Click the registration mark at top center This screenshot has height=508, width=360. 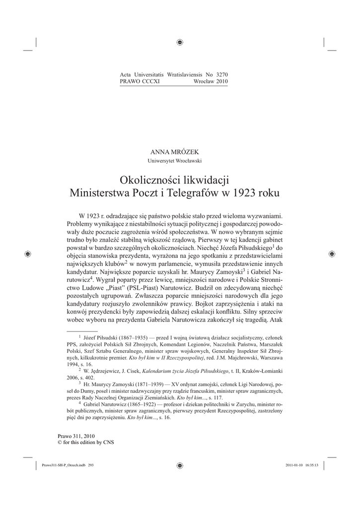(x=180, y=42)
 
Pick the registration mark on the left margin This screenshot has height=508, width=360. (x=28, y=254)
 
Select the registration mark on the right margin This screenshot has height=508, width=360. (x=331, y=254)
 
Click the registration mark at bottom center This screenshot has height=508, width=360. (x=180, y=466)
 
